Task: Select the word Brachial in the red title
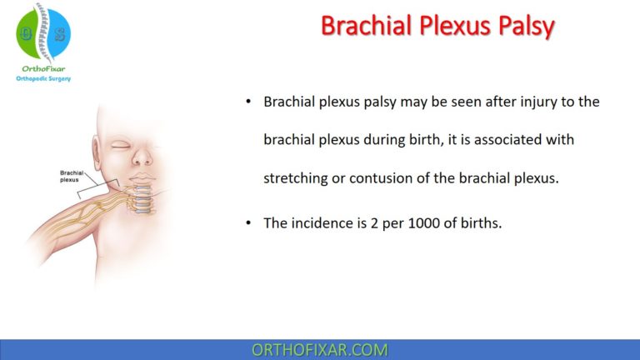pyautogui.click(x=361, y=27)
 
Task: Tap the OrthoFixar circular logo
pyautogui.click(x=43, y=33)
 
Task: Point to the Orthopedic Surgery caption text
pyautogui.click(x=43, y=80)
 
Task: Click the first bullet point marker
pyautogui.click(x=247, y=102)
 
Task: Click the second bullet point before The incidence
pyautogui.click(x=247, y=223)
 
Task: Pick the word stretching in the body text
pyautogui.click(x=296, y=177)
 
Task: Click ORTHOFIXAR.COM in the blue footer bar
pyautogui.click(x=320, y=349)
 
